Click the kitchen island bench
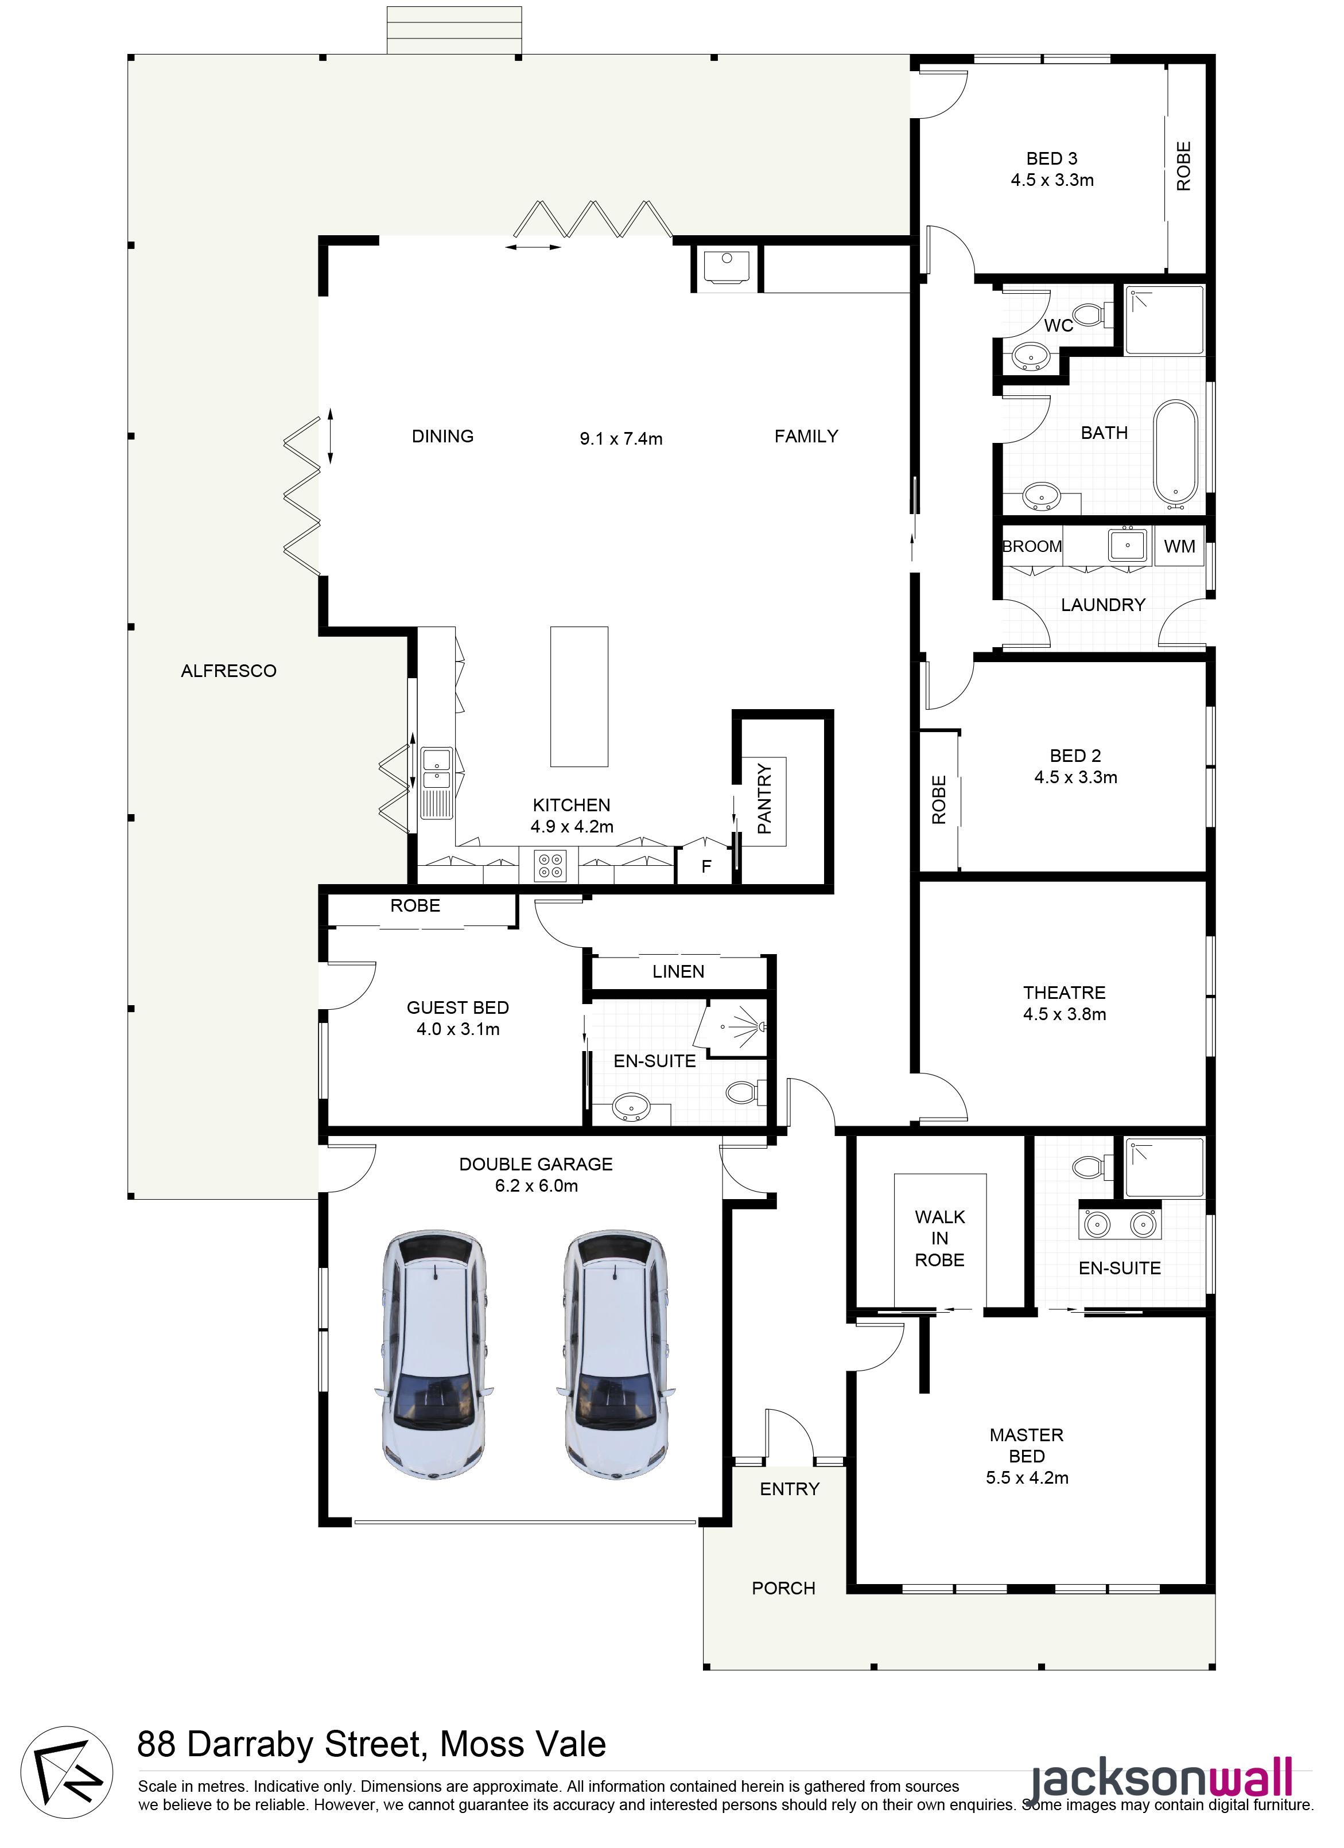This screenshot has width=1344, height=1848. pos(580,697)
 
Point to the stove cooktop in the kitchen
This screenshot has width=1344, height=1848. pos(549,865)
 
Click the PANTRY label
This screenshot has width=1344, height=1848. pos(764,799)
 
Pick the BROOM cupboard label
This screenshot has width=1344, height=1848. pos(1032,547)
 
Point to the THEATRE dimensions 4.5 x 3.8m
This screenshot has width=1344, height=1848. pos(1065,1014)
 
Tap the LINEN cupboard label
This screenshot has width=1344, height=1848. pos(678,971)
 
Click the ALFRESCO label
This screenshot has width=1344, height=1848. pos(228,671)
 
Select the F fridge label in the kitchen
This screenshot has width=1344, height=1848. pos(706,867)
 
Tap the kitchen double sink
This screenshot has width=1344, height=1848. pos(437,783)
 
